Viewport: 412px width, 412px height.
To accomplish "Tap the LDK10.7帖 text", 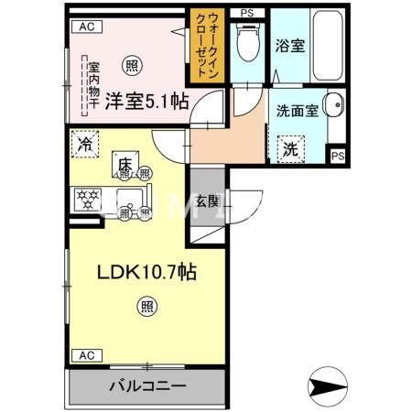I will [146, 271].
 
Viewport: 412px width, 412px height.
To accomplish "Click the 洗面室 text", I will [297, 111].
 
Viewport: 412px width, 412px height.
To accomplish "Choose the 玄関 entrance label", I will [206, 203].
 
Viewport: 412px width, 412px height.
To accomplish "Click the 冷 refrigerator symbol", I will [84, 145].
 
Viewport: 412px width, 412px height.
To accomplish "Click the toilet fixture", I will [245, 41].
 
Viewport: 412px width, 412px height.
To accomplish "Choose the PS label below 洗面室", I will [337, 156].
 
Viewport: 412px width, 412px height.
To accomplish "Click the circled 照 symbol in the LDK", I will [146, 305].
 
